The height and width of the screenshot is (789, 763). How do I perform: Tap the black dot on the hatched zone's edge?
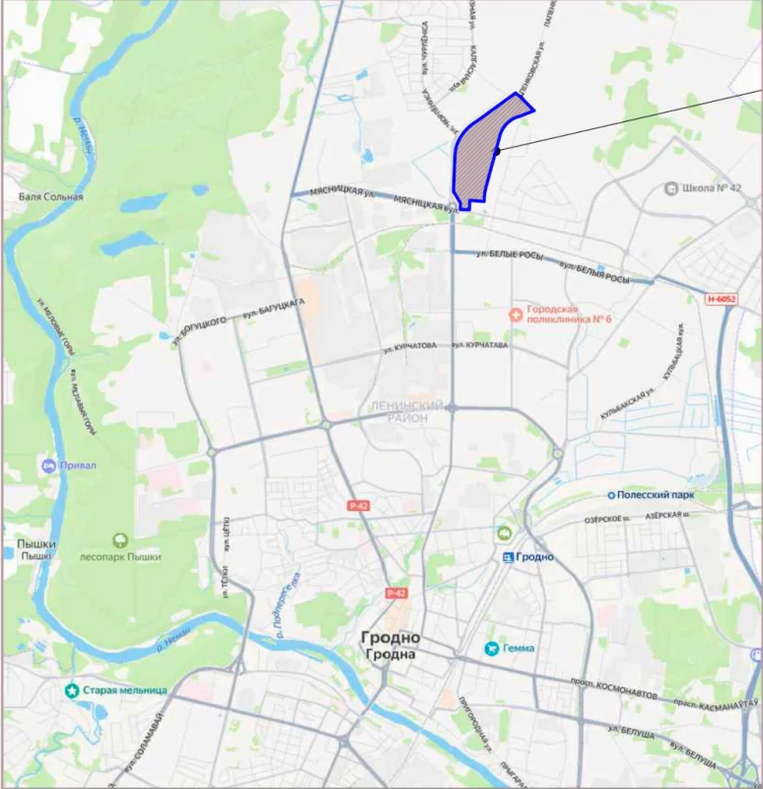click(498, 151)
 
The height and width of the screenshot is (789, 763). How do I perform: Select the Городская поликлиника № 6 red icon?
click(515, 314)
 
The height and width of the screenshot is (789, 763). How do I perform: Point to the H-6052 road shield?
click(723, 298)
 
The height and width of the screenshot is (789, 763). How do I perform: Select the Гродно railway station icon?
click(508, 556)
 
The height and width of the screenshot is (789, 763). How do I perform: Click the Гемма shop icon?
click(490, 648)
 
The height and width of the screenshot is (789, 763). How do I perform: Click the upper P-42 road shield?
click(358, 505)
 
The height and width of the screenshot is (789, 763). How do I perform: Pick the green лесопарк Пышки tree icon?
click(120, 539)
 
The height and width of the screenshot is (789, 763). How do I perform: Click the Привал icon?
click(48, 465)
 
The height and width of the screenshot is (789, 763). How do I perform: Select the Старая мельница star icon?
click(72, 690)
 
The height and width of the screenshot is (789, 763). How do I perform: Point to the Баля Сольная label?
click(51, 196)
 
